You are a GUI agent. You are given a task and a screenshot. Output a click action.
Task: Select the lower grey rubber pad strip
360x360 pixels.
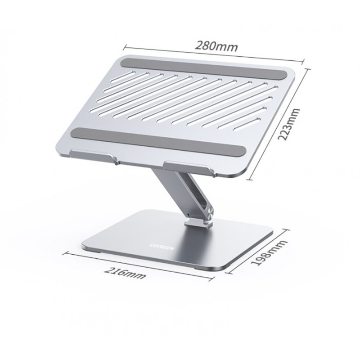[159, 139]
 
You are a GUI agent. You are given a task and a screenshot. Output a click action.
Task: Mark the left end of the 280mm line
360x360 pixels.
[124, 44]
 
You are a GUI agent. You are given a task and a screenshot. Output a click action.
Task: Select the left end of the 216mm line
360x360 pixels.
[67, 252]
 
